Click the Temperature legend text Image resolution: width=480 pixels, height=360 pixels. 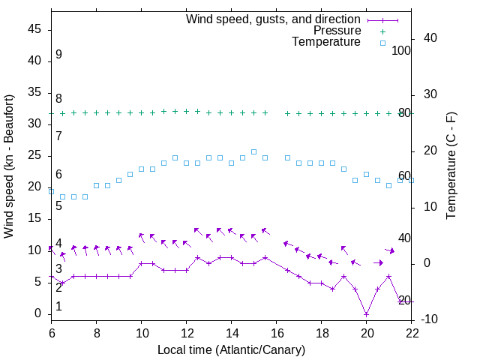326,43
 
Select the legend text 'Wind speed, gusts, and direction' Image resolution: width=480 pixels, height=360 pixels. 274,19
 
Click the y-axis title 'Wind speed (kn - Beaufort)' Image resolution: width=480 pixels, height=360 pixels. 10,166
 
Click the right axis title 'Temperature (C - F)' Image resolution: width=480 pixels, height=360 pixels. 451,166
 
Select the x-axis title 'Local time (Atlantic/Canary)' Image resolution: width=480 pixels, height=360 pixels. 232,349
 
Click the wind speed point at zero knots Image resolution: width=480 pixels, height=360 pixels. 367,313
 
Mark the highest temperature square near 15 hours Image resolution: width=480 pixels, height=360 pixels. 254,151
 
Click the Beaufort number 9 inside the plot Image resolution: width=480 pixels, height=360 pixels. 58,55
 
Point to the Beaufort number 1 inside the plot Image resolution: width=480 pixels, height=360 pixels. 58,307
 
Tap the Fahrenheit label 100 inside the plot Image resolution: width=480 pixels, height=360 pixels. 402,50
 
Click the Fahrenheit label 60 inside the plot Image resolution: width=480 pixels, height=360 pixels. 404,175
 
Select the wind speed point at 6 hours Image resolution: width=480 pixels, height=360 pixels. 52,276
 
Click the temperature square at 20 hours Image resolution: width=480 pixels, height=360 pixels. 367,174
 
